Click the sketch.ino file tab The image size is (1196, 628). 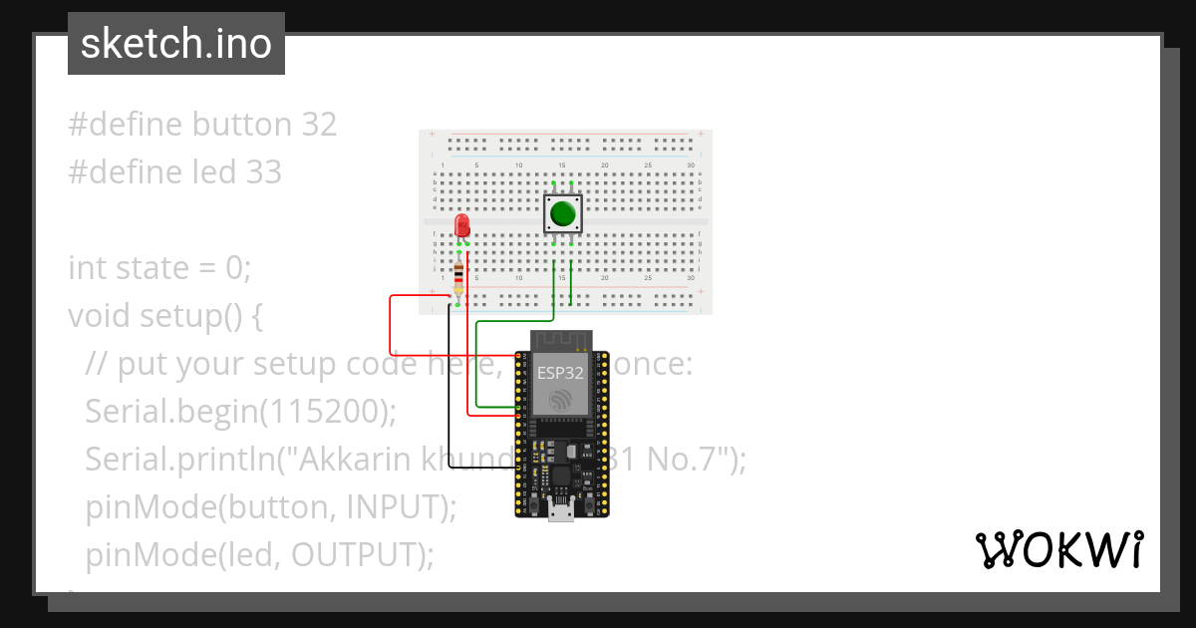click(x=175, y=44)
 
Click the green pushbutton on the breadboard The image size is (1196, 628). click(x=563, y=213)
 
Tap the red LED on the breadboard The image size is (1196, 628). click(x=461, y=225)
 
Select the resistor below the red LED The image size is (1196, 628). click(x=458, y=279)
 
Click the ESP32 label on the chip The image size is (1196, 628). click(x=560, y=374)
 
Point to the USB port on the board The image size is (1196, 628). click(x=561, y=513)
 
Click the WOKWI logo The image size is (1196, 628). click(x=1057, y=550)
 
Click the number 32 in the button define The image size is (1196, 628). click(x=318, y=125)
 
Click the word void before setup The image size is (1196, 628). click(x=100, y=316)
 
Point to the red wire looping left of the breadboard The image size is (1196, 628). click(x=391, y=319)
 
